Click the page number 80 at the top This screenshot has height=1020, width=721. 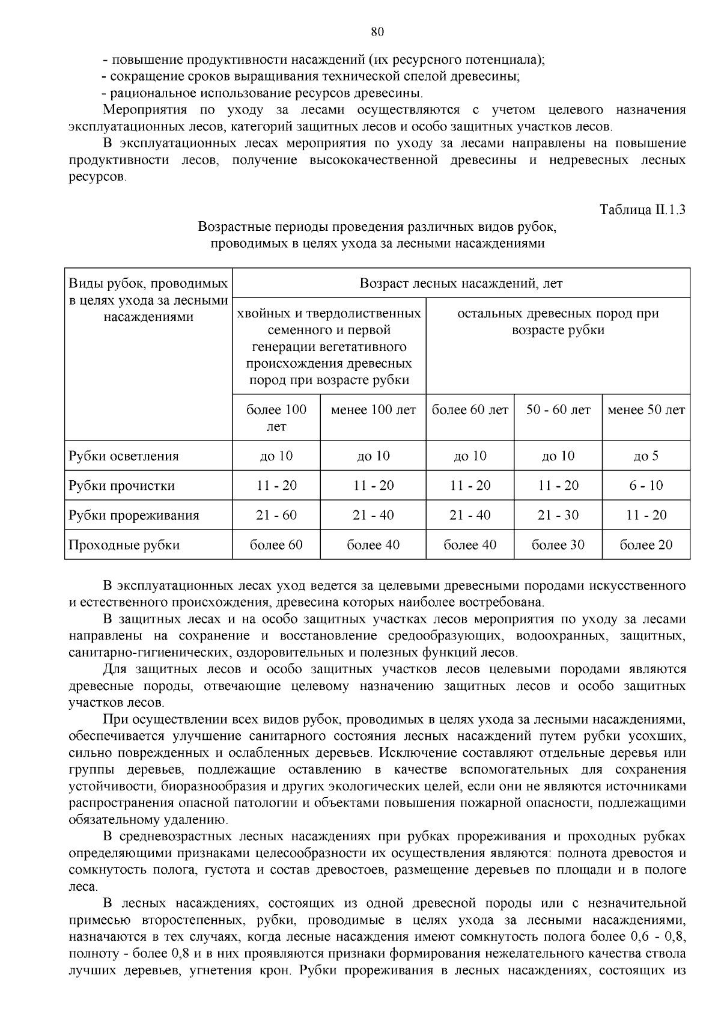[x=377, y=32]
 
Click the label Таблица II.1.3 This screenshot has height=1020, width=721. [x=642, y=210]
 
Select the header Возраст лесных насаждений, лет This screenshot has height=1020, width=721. [x=461, y=283]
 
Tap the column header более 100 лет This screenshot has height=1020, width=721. [x=276, y=418]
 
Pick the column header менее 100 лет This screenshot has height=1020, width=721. [x=373, y=410]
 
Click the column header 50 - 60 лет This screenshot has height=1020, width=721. [x=558, y=410]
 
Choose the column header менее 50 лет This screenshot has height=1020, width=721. [x=646, y=410]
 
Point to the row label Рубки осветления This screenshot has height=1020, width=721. [x=124, y=456]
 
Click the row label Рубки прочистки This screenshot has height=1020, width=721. [x=122, y=486]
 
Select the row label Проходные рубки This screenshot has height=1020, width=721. [x=124, y=545]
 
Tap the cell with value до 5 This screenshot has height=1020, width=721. [x=646, y=456]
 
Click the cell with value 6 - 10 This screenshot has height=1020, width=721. [x=646, y=486]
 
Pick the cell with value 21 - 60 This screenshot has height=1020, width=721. [x=276, y=515]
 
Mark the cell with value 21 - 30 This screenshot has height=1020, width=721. [x=558, y=515]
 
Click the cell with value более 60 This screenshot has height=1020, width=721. [x=276, y=545]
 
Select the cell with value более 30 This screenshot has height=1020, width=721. [x=558, y=545]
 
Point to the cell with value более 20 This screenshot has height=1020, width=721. [x=646, y=545]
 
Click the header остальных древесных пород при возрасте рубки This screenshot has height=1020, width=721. [x=558, y=322]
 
